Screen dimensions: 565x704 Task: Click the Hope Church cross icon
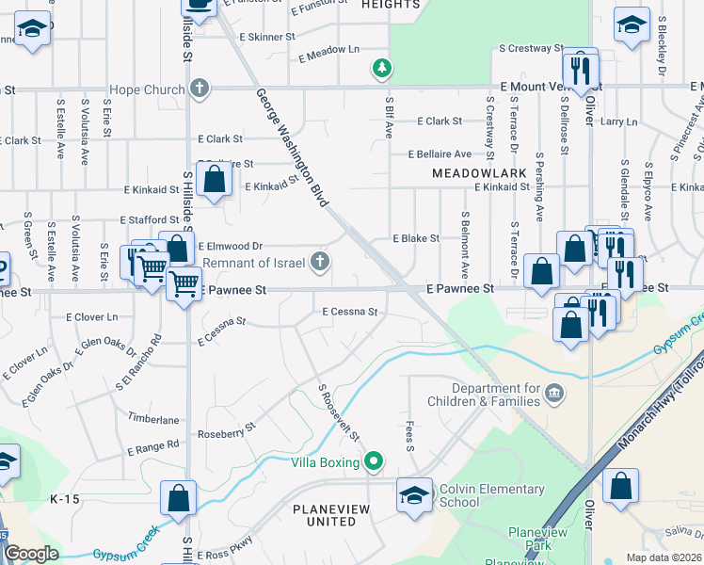[199, 89]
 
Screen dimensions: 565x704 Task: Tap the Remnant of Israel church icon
[321, 262]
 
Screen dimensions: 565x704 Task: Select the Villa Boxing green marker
[374, 461]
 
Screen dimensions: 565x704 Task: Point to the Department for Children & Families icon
[554, 392]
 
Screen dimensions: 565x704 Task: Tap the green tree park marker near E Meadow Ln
[381, 68]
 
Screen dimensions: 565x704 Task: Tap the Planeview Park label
[537, 539]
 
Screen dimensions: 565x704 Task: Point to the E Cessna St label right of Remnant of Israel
[349, 311]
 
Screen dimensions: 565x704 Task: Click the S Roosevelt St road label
[339, 412]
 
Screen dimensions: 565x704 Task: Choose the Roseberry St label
[226, 431]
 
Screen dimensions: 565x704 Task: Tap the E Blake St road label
[415, 239]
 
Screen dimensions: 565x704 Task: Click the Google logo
[31, 554]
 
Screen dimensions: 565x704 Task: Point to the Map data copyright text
[664, 557]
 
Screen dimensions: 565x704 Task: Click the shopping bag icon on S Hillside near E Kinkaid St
[216, 180]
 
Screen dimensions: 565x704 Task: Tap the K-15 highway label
[66, 499]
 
